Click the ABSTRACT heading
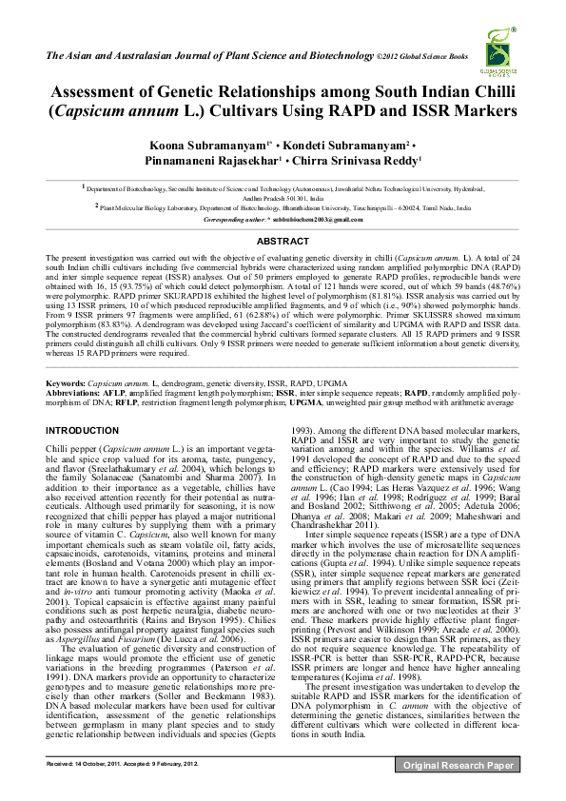[x=283, y=242]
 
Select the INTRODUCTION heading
[x=83, y=431]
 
